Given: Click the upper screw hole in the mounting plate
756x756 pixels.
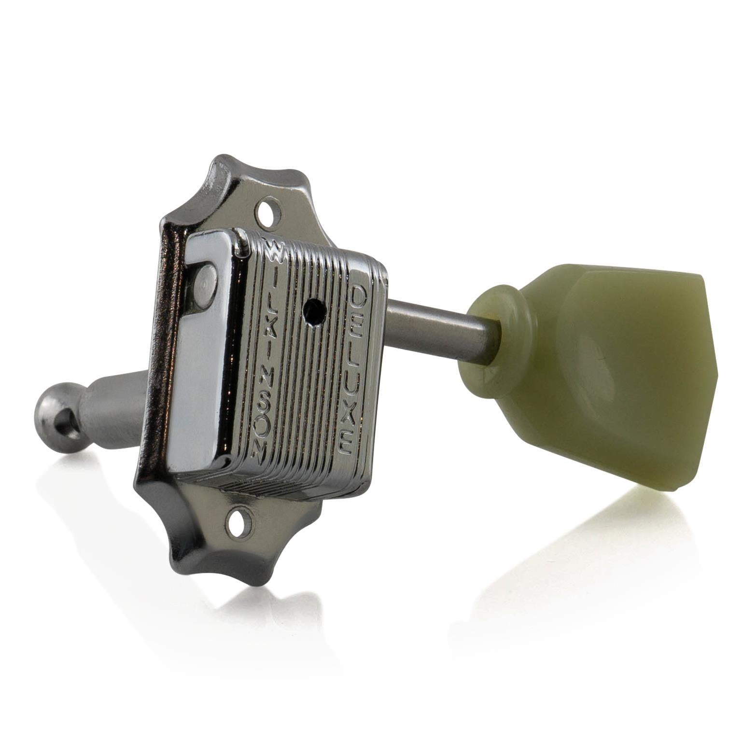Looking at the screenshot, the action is coord(268,210).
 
